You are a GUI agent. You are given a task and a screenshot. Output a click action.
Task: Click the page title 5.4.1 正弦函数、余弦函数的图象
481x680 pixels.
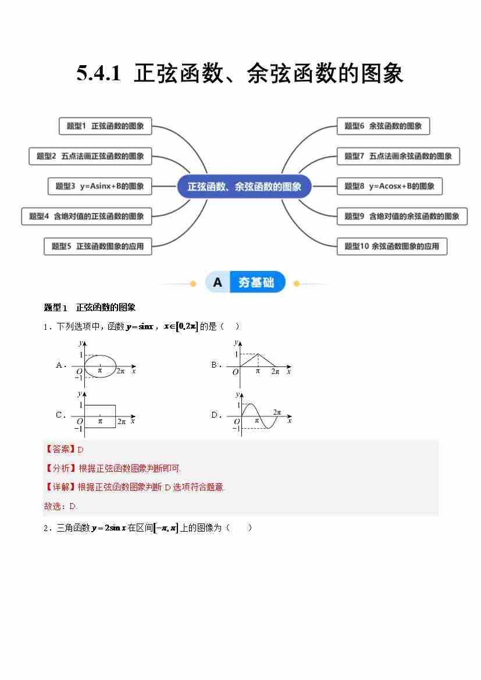point(240,74)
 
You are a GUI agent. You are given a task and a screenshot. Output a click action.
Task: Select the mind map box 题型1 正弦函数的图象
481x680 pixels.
point(105,126)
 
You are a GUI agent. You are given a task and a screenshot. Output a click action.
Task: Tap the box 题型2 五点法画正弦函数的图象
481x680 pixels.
point(90,156)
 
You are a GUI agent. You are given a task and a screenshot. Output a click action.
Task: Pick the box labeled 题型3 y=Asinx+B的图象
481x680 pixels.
point(99,186)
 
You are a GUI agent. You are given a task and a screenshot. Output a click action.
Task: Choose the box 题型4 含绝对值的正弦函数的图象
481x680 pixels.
point(87,216)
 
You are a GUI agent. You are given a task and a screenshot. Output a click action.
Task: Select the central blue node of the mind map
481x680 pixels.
point(244,187)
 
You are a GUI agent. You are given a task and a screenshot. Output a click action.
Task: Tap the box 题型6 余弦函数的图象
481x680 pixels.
point(383,126)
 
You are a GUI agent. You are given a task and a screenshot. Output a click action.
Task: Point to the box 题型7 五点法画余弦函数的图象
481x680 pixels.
point(398,156)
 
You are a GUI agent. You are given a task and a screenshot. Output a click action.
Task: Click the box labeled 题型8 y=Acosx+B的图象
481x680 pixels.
point(389,186)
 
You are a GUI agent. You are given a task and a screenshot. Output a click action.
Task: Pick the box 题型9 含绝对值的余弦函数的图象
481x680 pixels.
point(402,216)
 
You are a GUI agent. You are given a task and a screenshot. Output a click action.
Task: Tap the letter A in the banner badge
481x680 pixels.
point(218,283)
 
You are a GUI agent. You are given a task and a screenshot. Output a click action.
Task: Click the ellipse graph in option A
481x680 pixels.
point(100,366)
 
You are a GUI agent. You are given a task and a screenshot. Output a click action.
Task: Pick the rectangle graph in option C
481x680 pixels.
point(100,416)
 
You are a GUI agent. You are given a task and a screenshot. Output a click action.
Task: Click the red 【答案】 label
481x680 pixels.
point(60,450)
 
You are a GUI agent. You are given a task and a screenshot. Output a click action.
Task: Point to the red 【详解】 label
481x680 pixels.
point(60,487)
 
